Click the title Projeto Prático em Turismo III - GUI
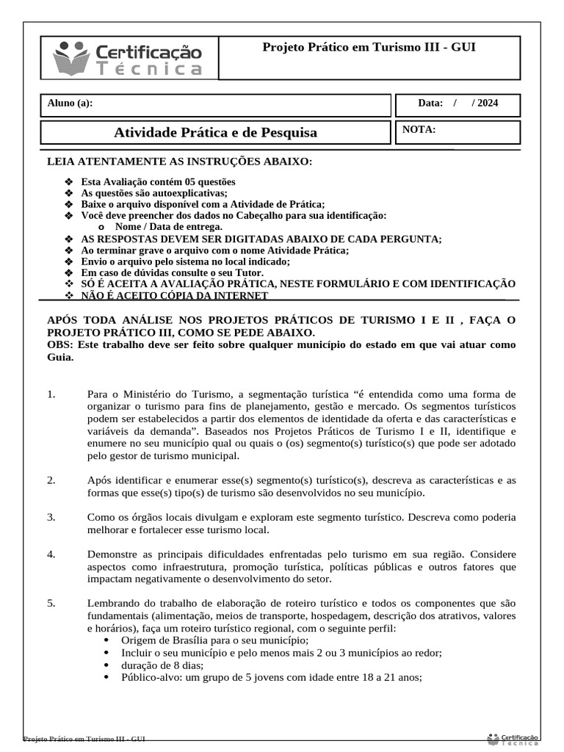(x=369, y=48)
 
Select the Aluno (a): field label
(x=70, y=103)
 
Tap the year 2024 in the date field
(x=487, y=103)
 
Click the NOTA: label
(x=419, y=130)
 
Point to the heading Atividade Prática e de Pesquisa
(x=216, y=133)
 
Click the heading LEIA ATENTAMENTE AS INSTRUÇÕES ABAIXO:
(x=179, y=161)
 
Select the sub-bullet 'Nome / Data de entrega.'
(x=158, y=227)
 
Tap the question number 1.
(x=51, y=394)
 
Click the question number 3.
(x=51, y=517)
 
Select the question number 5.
(x=51, y=603)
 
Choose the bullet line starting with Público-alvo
(x=272, y=679)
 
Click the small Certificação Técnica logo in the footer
(x=513, y=738)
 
